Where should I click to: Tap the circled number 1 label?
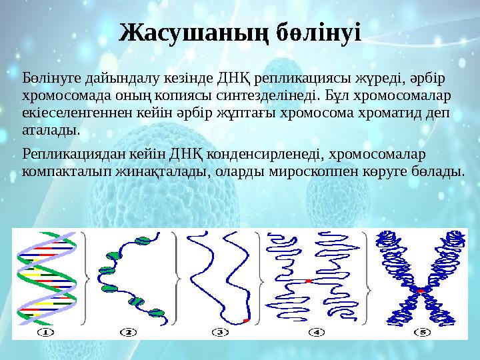(47, 331)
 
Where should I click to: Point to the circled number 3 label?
(221, 331)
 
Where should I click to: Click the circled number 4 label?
(316, 331)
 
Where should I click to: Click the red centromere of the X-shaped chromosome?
(420, 291)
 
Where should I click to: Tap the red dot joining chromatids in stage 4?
(309, 282)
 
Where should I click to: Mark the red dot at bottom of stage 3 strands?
(246, 321)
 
